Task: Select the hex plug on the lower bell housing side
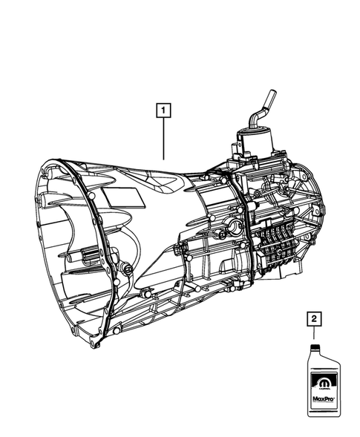pyautogui.click(x=128, y=266)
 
